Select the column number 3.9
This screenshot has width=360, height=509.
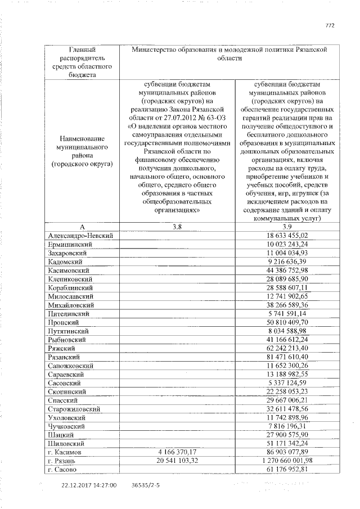point(287,227)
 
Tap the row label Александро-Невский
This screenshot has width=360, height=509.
point(81,235)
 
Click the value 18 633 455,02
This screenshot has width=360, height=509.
point(287,235)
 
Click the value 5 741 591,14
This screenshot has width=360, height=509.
point(287,314)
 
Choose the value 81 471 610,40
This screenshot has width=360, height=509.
point(287,357)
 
